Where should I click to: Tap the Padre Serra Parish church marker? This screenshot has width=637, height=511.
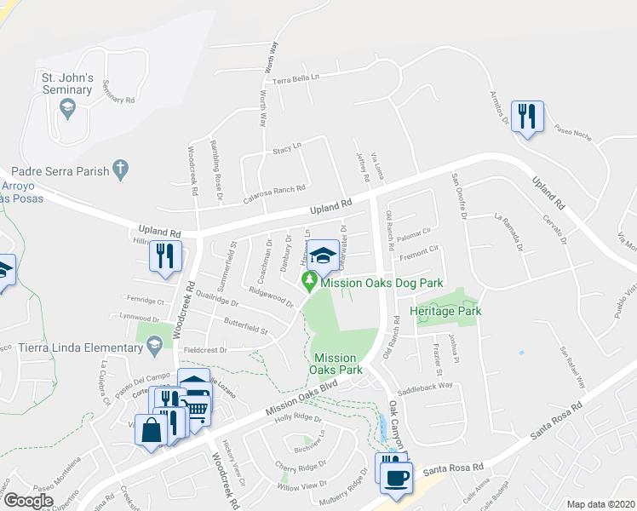pyautogui.click(x=121, y=170)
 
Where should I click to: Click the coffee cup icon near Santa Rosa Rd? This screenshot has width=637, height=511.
pyautogui.click(x=396, y=476)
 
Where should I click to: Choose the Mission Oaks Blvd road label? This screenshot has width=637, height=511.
pyautogui.click(x=301, y=397)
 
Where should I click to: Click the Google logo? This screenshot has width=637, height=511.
pyautogui.click(x=28, y=501)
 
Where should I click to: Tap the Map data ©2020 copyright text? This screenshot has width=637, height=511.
pyautogui.click(x=601, y=504)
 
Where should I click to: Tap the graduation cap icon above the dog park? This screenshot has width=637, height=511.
pyautogui.click(x=323, y=255)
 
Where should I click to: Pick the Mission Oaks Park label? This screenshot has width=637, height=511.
pyautogui.click(x=338, y=364)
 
